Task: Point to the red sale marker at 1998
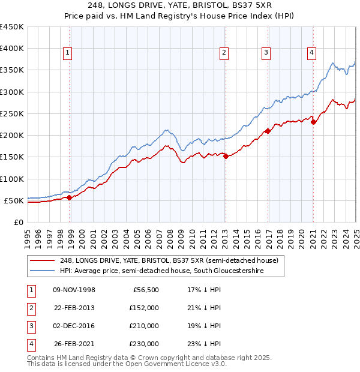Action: [x=70, y=197]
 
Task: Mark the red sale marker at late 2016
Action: [x=268, y=131]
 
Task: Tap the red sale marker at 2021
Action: [x=314, y=122]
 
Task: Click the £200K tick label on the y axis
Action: [x=12, y=135]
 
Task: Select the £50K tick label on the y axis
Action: [x=14, y=200]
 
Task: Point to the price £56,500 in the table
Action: [x=145, y=290]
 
